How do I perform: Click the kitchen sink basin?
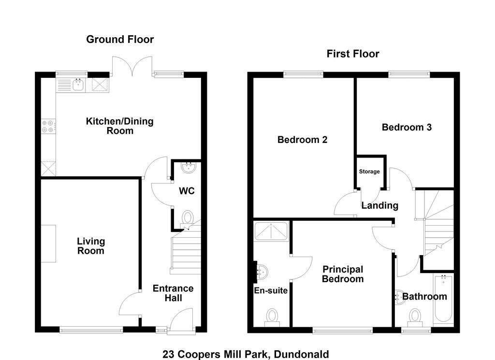(x=78, y=85)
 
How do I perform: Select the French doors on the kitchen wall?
(x=132, y=66)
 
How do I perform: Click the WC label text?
(x=187, y=191)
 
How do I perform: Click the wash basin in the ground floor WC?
(x=189, y=167)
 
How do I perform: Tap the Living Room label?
(x=91, y=246)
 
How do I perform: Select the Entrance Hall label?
(x=173, y=293)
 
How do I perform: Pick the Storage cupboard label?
(x=369, y=172)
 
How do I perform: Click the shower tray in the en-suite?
(x=272, y=231)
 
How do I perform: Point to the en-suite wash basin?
(x=262, y=272)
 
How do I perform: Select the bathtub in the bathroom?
(x=444, y=298)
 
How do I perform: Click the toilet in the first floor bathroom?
(x=415, y=318)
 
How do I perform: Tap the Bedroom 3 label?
(x=407, y=127)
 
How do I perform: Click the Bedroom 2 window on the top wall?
(x=304, y=74)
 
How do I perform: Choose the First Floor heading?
(x=353, y=54)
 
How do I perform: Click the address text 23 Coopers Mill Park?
(x=216, y=354)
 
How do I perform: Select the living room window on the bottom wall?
(x=91, y=330)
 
